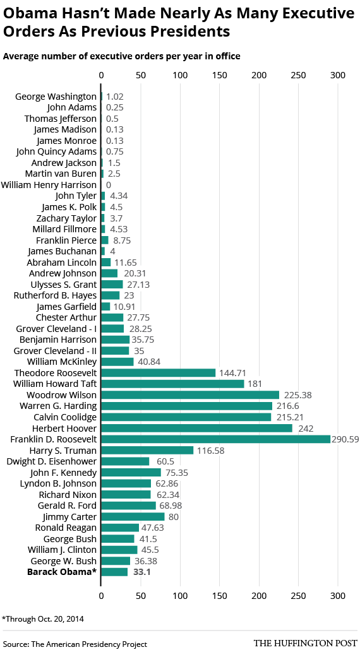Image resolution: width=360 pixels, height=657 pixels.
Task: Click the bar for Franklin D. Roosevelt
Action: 215,439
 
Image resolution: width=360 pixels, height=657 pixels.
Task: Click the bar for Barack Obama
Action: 114,572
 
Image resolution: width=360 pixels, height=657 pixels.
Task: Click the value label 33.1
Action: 141,572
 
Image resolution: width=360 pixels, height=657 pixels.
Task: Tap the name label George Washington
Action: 56,97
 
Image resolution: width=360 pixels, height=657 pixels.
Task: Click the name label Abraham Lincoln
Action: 61,262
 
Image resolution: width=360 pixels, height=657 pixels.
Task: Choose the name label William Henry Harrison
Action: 49,185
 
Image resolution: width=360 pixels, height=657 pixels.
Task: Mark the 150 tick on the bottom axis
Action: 220,595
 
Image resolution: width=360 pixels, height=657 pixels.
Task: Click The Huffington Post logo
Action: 305,644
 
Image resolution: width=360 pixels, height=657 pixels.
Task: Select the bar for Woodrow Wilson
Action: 190,395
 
